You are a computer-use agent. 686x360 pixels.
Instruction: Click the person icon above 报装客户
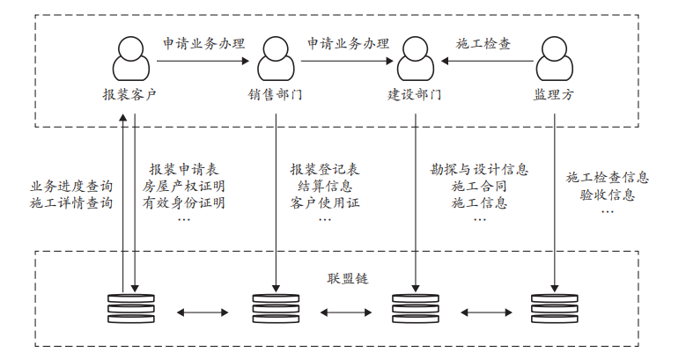point(129,58)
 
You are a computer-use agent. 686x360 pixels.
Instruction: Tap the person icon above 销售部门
point(276,58)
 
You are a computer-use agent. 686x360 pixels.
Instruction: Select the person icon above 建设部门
point(415,58)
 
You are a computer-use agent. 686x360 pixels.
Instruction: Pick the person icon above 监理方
point(554,58)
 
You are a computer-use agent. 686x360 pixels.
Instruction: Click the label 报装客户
point(129,93)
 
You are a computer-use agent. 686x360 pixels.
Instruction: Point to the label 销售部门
point(276,93)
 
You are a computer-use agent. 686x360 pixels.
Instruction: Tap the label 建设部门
point(415,93)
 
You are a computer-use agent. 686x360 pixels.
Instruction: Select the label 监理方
point(554,93)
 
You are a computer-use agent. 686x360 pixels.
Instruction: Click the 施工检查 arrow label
point(483,42)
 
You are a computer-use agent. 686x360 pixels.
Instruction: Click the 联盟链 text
point(346,278)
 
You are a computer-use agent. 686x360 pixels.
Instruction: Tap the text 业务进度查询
point(72,186)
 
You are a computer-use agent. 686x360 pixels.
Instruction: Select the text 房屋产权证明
point(184,186)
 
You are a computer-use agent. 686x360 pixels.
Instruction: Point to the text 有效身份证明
point(184,203)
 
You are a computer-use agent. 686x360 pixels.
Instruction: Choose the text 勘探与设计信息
point(480,168)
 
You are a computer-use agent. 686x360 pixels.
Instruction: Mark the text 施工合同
point(480,186)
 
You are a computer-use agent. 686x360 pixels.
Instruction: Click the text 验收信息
point(608,195)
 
